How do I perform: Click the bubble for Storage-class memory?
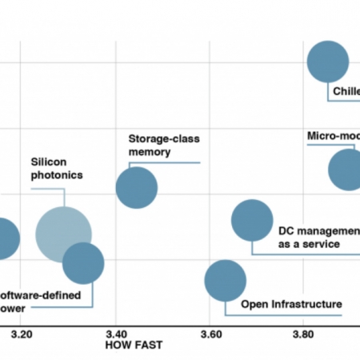tap(137, 188)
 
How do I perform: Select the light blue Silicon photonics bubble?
tap(63, 234)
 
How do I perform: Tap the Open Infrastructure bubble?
tap(226, 280)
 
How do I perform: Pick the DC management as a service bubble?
tap(252, 221)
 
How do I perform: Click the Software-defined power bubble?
tap(83, 263)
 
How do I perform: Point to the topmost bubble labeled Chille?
tap(328, 62)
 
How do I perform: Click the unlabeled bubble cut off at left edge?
tap(4, 238)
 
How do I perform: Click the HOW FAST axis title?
tap(134, 346)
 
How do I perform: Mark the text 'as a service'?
tap(309, 244)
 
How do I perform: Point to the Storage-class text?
tap(164, 138)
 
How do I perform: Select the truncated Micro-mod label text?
tap(333, 135)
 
